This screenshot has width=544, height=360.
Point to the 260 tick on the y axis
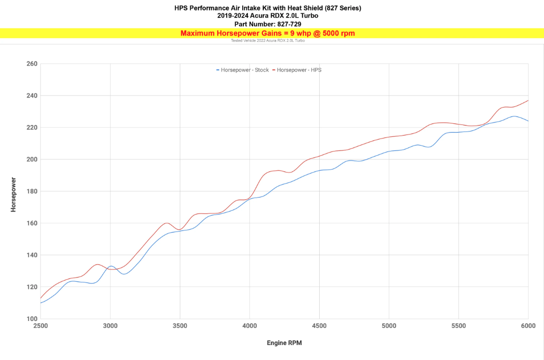[x=32, y=64]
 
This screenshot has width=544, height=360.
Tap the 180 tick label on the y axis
[x=32, y=191]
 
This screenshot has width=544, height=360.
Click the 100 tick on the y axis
[x=32, y=319]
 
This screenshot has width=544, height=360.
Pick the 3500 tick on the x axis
[x=180, y=326]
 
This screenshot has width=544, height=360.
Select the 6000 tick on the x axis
[x=528, y=326]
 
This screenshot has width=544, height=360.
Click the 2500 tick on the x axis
[x=40, y=326]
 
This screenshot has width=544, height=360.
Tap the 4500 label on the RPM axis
[x=319, y=326]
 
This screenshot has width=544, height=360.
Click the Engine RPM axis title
[x=284, y=343]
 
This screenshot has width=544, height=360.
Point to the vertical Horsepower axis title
[x=13, y=194]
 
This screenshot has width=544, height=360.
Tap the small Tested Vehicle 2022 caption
[x=268, y=40]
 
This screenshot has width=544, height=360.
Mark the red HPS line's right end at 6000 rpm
[x=528, y=100]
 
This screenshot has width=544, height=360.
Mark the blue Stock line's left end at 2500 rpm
[x=40, y=303]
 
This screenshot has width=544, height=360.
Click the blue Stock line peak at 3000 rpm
[x=111, y=266]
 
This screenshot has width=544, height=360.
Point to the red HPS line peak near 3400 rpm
[x=167, y=223]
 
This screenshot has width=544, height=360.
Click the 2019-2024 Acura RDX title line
[x=268, y=16]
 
